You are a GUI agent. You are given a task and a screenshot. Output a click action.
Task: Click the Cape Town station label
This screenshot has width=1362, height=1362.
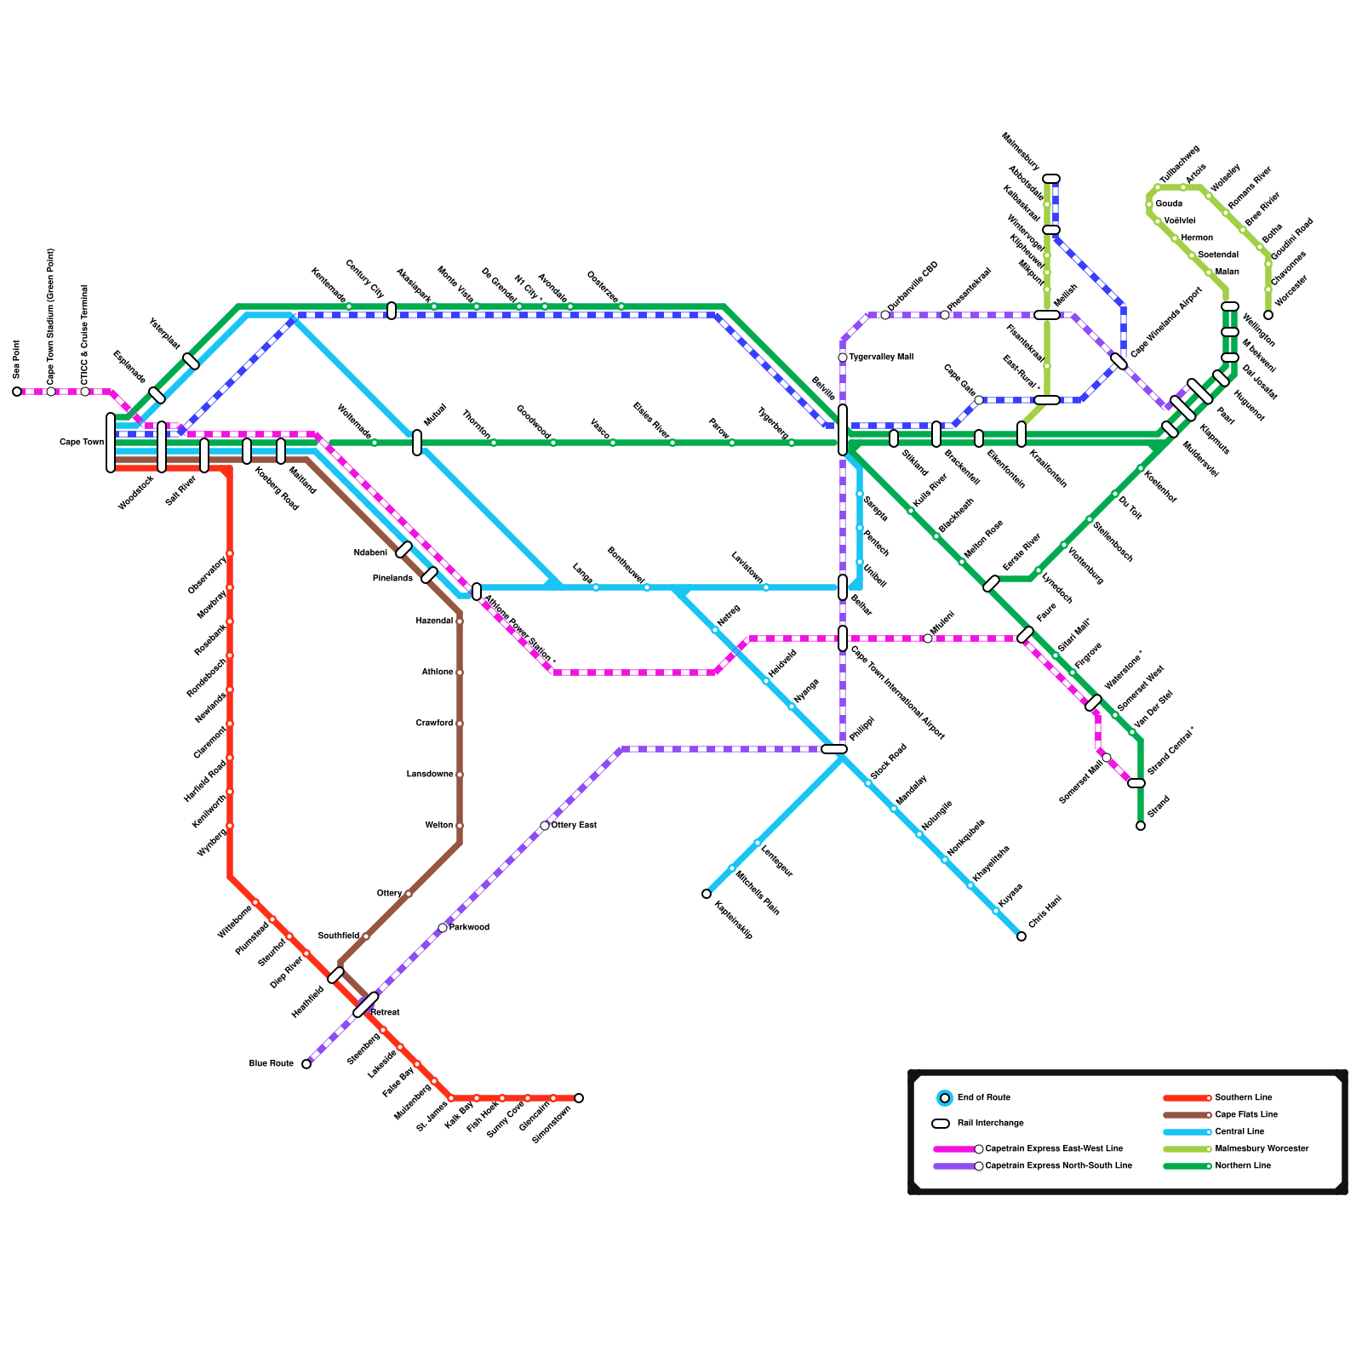coord(82,443)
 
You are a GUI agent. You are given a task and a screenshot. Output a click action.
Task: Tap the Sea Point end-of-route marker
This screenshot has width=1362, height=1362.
coord(17,392)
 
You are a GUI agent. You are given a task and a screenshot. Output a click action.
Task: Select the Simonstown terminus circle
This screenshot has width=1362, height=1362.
coord(579,1098)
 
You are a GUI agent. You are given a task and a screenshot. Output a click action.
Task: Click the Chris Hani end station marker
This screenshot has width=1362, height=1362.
coord(1021,936)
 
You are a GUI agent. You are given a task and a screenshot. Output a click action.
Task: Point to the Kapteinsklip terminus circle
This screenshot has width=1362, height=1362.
coord(707,894)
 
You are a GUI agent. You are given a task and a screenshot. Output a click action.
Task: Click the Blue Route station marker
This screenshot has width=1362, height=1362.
coord(306,1064)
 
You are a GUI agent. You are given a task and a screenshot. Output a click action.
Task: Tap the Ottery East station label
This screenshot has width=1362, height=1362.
coord(574,826)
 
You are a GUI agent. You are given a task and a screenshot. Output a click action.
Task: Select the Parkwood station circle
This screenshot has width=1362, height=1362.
coord(443,928)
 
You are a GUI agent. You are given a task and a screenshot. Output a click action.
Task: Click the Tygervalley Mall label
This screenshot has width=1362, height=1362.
coord(881,358)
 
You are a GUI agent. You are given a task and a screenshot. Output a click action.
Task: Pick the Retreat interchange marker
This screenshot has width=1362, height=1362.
coord(366,1004)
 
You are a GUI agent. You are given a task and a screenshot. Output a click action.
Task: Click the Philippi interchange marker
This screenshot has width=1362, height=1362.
coord(834,749)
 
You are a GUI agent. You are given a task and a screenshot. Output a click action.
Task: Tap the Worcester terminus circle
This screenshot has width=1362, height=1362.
coord(1268,315)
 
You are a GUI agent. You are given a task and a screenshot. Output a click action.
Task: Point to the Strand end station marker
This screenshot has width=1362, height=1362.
coord(1141,826)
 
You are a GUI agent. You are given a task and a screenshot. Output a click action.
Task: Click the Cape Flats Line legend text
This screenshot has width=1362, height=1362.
coord(1246,1115)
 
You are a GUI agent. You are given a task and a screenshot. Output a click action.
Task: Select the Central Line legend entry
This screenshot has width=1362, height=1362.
coord(1239,1132)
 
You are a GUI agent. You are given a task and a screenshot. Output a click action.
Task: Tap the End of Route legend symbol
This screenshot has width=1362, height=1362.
coord(944,1098)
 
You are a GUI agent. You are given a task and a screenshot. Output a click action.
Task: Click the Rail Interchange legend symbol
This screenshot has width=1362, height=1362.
coord(941,1124)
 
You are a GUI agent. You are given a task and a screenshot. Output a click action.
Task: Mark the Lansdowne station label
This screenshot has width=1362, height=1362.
coord(430,775)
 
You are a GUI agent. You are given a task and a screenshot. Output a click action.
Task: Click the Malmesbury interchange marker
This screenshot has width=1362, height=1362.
coord(1051,179)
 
